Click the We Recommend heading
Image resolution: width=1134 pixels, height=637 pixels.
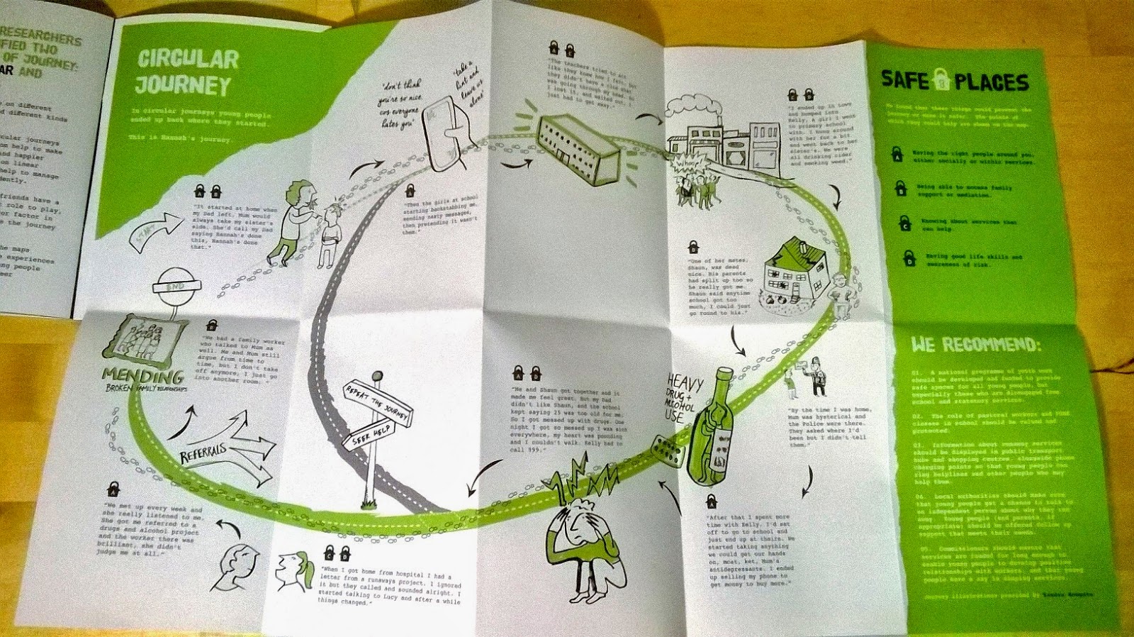pyautogui.click(x=975, y=345)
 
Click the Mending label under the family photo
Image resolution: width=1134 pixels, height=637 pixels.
pyautogui.click(x=142, y=375)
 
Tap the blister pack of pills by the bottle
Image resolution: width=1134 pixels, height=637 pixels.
pyautogui.click(x=668, y=450)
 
